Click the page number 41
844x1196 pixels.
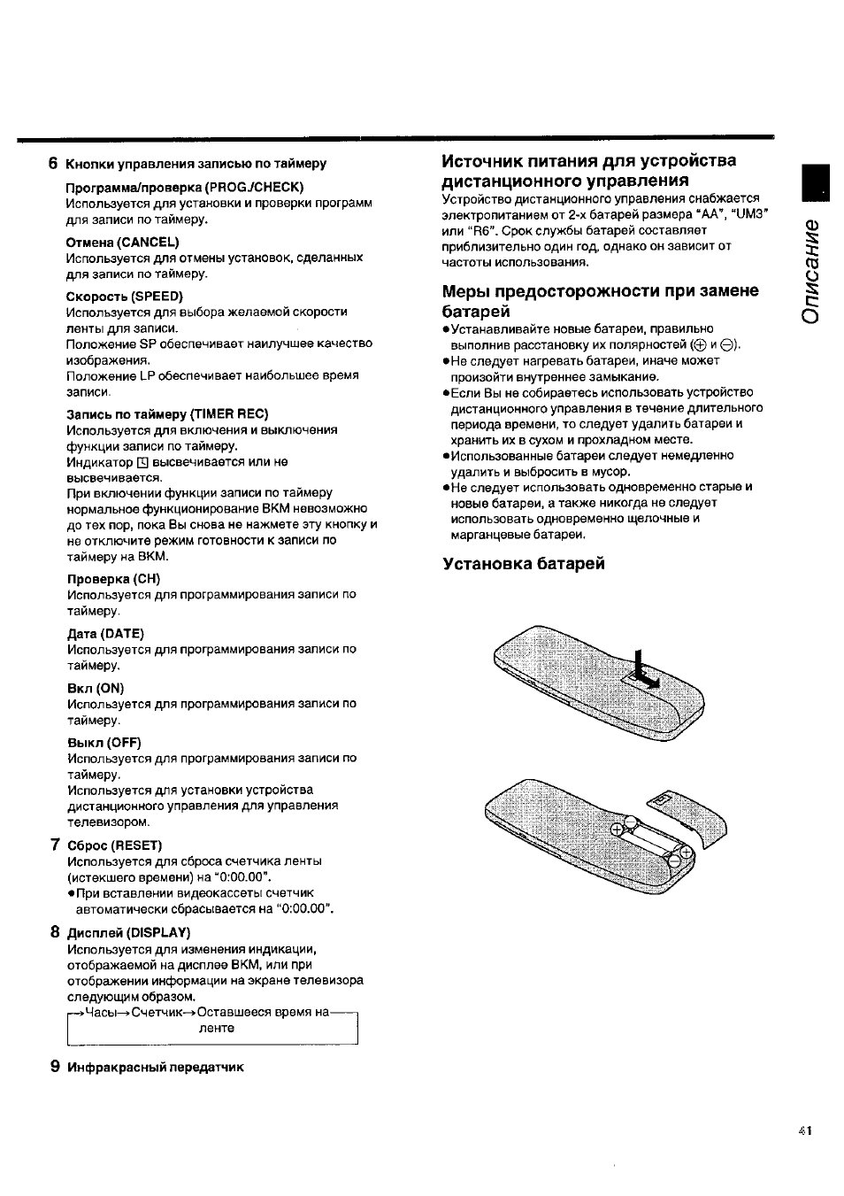click(804, 1130)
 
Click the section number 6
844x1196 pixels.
click(53, 163)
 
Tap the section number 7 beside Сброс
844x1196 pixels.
click(55, 845)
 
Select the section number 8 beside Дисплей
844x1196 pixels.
click(55, 931)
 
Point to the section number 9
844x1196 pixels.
click(55, 1066)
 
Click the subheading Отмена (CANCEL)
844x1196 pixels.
click(123, 242)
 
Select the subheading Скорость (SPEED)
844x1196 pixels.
click(125, 296)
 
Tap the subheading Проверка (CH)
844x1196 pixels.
click(113, 579)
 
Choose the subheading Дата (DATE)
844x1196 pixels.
click(105, 633)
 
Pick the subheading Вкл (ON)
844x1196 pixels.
click(96, 688)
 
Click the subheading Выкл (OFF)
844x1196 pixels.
click(104, 743)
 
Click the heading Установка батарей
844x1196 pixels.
click(524, 564)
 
